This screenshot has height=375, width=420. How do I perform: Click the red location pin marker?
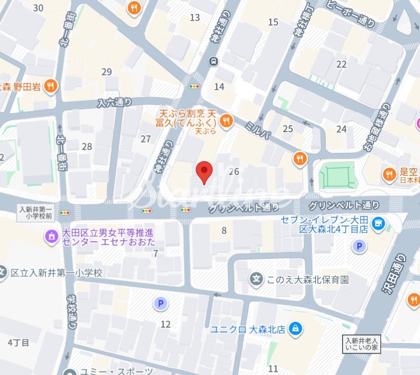click(x=204, y=172)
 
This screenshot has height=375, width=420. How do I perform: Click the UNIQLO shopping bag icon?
click(x=296, y=329)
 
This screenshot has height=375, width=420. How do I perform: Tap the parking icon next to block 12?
click(x=159, y=303)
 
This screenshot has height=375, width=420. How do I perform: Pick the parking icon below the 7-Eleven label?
click(x=359, y=246)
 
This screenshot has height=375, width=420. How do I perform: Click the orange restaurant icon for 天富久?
click(x=226, y=121)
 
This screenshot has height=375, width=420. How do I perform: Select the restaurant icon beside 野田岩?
click(x=51, y=86)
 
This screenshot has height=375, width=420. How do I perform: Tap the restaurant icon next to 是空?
click(x=389, y=174)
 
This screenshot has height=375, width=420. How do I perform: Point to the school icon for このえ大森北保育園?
click(x=256, y=279)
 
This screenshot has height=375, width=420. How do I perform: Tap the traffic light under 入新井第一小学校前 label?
click(x=65, y=212)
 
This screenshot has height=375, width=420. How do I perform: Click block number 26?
click(x=234, y=171)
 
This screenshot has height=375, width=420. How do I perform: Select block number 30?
click(x=38, y=7)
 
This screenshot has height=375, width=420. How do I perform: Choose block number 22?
click(x=342, y=64)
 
